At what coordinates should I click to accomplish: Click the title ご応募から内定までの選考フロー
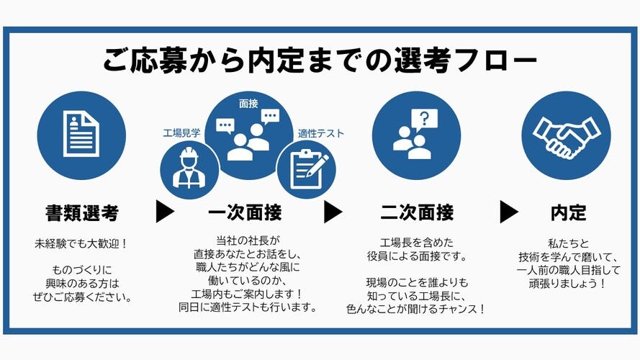point(320,60)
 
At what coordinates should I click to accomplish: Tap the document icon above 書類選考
point(81,133)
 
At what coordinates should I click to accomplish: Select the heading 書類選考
point(81,212)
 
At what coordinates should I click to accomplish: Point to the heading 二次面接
point(417,212)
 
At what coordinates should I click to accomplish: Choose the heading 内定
point(568,212)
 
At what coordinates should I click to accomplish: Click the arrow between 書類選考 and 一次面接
point(165,212)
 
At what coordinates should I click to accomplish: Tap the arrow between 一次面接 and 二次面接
point(333,212)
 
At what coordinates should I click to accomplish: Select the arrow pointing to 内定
point(509,212)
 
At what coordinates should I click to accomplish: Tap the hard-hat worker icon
point(189,168)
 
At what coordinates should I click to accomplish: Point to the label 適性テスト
point(320,133)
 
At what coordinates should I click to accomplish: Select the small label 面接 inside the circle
point(248,104)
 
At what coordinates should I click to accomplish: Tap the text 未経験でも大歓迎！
point(81,243)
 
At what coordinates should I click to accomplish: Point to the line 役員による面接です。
point(417,256)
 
